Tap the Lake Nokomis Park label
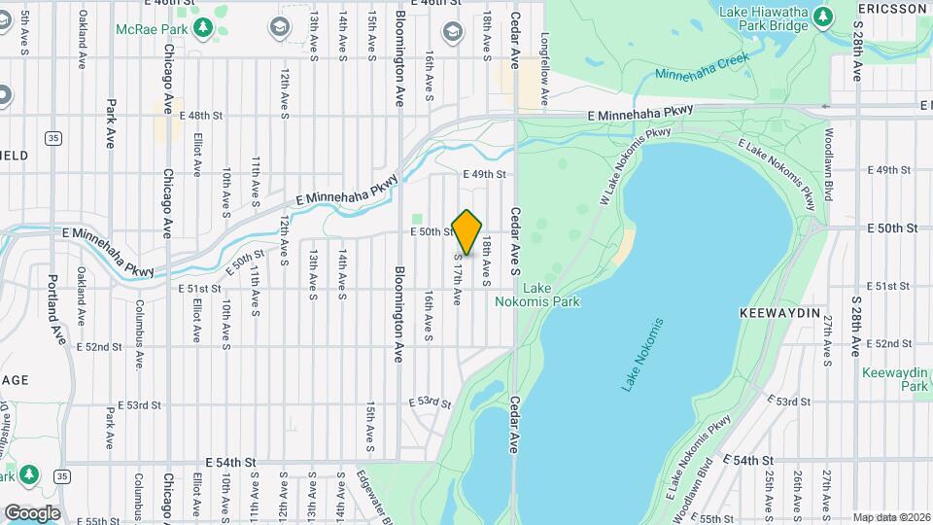[551, 295]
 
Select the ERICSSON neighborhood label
[893, 9]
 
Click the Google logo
[32, 512]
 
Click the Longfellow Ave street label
[545, 71]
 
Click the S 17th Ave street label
[457, 280]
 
